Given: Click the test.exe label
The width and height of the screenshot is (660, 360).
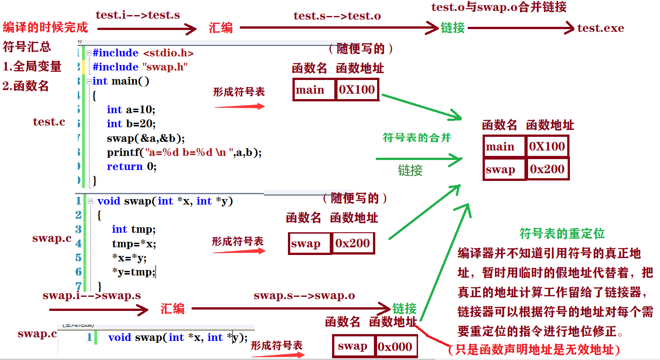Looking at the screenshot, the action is pyautogui.click(x=600, y=28).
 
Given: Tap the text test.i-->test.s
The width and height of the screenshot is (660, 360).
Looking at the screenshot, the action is pyautogui.click(x=137, y=15).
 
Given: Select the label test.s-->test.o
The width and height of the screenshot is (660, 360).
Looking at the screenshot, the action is pyautogui.click(x=337, y=16).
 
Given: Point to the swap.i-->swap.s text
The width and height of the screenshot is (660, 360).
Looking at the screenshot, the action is pyautogui.click(x=91, y=295).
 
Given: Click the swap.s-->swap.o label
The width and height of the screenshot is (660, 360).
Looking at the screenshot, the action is pyautogui.click(x=304, y=295).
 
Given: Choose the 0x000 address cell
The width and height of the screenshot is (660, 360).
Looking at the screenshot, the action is pyautogui.click(x=394, y=347).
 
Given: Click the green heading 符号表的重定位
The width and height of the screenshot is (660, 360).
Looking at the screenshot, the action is pyautogui.click(x=562, y=234).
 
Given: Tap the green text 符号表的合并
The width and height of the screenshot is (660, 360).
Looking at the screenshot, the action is pyautogui.click(x=417, y=137).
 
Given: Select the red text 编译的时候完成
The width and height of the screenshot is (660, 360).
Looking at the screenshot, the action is pyautogui.click(x=45, y=28).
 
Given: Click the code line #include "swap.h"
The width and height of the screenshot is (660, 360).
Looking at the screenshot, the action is pyautogui.click(x=140, y=67).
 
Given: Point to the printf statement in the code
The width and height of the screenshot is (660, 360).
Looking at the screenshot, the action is pyautogui.click(x=184, y=152).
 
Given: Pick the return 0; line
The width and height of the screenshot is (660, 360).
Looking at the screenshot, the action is pyautogui.click(x=131, y=166).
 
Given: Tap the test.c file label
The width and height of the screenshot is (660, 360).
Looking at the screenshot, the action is pyautogui.click(x=49, y=122).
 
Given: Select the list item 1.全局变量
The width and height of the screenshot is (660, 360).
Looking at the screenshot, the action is pyautogui.click(x=32, y=66).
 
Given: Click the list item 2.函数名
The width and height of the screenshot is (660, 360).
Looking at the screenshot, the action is pyautogui.click(x=25, y=86).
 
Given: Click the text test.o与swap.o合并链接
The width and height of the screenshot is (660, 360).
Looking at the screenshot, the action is pyautogui.click(x=499, y=7).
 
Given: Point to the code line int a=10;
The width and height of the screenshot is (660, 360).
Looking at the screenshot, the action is pyautogui.click(x=131, y=110).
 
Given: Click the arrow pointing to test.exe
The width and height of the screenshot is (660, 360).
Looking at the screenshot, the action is pyautogui.click(x=521, y=28).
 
